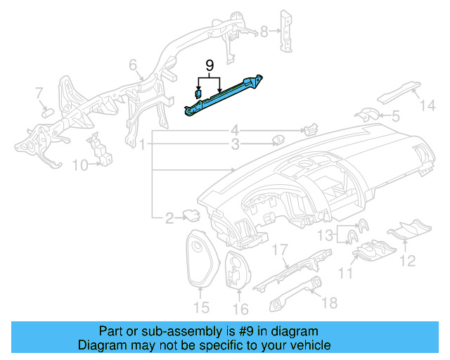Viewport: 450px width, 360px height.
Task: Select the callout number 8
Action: (264, 31)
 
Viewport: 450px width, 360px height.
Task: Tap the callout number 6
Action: (131, 65)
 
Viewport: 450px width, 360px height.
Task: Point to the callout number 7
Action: (39, 92)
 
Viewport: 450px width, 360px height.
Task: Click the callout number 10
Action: (79, 165)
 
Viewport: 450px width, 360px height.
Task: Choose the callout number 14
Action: (428, 105)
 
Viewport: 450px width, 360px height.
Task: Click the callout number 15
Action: (201, 307)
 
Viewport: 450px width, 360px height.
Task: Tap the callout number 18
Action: (329, 302)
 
